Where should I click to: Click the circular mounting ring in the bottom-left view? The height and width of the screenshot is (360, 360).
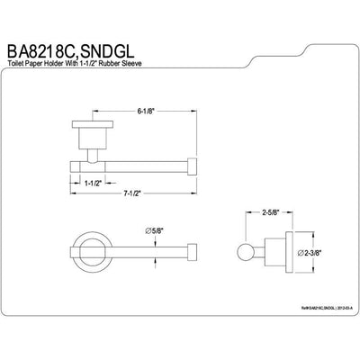pyautogui.click(x=85, y=252)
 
